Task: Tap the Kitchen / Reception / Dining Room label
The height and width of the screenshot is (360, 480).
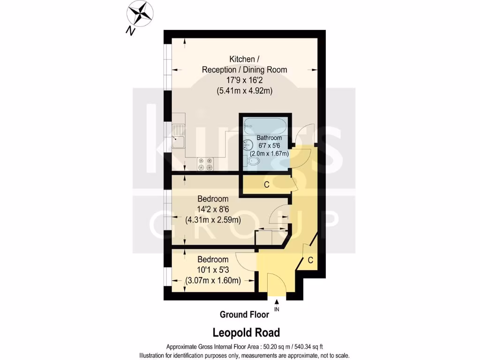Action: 244,64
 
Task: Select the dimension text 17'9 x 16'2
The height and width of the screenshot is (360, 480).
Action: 244,81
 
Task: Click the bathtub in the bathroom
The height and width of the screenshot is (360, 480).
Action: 265,125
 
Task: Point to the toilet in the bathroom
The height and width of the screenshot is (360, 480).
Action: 253,161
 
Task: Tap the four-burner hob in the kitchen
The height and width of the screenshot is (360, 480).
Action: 205,164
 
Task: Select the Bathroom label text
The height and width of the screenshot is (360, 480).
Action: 269,138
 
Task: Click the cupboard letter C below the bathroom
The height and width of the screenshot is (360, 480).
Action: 266,185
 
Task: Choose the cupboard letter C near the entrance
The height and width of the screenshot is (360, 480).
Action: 310,260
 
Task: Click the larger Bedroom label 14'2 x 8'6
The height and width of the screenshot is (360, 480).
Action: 213,199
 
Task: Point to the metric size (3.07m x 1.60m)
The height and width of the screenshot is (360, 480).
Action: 213,281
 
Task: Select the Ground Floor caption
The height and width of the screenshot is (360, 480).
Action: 244,315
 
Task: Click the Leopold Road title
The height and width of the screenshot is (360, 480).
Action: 246,333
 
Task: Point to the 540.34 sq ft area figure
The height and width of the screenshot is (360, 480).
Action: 304,347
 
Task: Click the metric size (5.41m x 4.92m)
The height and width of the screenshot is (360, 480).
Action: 244,91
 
